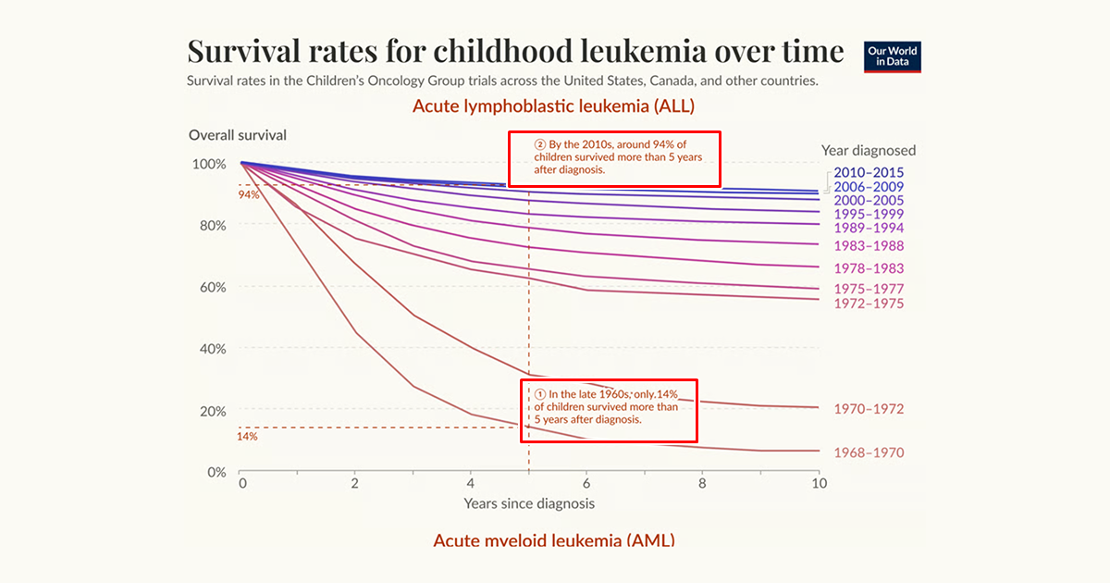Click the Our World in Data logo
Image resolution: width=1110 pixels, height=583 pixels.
pyautogui.click(x=892, y=57)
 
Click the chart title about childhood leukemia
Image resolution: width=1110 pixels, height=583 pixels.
pyautogui.click(x=515, y=50)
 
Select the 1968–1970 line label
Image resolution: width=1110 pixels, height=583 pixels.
pyautogui.click(x=869, y=453)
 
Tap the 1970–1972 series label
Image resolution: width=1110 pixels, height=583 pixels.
pyautogui.click(x=869, y=409)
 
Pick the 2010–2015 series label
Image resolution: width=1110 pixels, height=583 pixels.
pyautogui.click(x=869, y=172)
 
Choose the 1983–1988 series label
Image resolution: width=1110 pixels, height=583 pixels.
pyautogui.click(x=869, y=246)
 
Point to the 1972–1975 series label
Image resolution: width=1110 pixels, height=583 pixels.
pyautogui.click(x=869, y=304)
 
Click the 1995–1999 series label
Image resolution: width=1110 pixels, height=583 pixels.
pyautogui.click(x=869, y=214)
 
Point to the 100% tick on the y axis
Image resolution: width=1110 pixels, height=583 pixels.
pyautogui.click(x=208, y=164)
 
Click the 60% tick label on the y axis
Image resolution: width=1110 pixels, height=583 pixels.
pyautogui.click(x=212, y=287)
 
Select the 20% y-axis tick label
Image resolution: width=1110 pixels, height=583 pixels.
pyautogui.click(x=212, y=410)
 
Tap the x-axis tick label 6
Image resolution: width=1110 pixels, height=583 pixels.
pyautogui.click(x=586, y=484)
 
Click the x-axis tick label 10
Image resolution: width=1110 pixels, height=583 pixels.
pyautogui.click(x=818, y=484)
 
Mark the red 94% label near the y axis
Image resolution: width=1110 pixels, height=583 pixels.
pyautogui.click(x=248, y=195)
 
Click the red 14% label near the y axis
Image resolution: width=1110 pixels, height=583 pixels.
pyautogui.click(x=247, y=436)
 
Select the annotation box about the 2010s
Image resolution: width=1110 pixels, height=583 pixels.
pyautogui.click(x=614, y=158)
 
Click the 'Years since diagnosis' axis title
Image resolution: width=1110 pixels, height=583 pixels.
pyautogui.click(x=529, y=503)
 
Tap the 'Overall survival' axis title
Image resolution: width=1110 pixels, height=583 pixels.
pyautogui.click(x=238, y=135)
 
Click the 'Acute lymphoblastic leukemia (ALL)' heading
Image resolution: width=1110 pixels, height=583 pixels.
pyautogui.click(x=553, y=106)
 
